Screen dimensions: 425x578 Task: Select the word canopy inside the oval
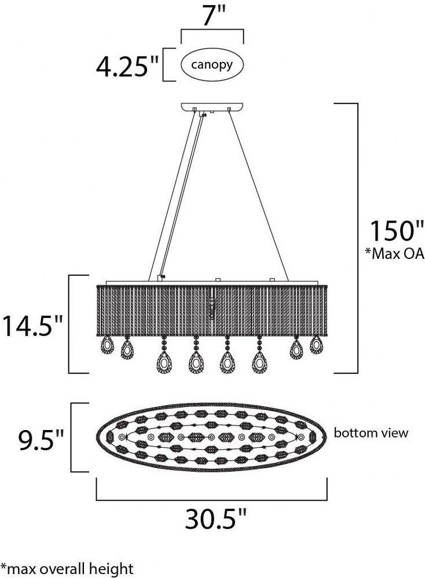[212, 65]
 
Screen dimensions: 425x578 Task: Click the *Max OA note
[395, 254]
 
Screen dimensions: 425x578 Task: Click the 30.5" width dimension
[215, 519]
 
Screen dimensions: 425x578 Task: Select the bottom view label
[371, 432]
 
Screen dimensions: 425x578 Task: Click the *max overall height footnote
[67, 568]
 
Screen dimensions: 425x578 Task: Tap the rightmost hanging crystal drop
[317, 344]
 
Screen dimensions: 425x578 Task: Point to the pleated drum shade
[212, 310]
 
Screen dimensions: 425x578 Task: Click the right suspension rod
[259, 195]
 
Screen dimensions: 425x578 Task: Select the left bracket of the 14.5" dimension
[79, 324]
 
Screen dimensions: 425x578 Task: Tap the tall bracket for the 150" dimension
[357, 238]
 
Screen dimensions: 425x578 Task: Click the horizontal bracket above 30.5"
[212, 500]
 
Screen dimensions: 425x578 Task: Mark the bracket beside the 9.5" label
[71, 437]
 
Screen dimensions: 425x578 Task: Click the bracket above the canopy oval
[212, 30]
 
